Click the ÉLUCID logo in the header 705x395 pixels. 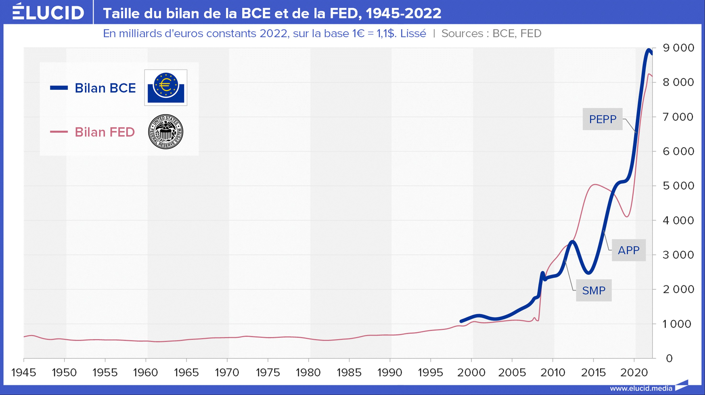coord(48,12)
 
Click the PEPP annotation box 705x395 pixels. coord(603,119)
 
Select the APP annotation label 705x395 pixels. coord(629,250)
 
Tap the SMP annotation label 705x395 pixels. coord(594,290)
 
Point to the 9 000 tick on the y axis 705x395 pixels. coord(678,48)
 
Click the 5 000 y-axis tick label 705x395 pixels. coord(678,186)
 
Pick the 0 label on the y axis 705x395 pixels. coord(669,358)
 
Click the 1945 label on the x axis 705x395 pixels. coord(24,373)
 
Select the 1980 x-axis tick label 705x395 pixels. coord(308,373)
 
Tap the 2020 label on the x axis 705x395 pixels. coord(634,373)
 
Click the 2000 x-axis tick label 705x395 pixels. coord(471,373)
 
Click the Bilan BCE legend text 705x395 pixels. coord(105,88)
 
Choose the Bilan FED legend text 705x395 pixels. coord(105,132)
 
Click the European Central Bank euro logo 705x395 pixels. coord(166,88)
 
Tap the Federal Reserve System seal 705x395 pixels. coord(166,132)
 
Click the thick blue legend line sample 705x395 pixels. coord(59,88)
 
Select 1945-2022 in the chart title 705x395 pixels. coord(404,13)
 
